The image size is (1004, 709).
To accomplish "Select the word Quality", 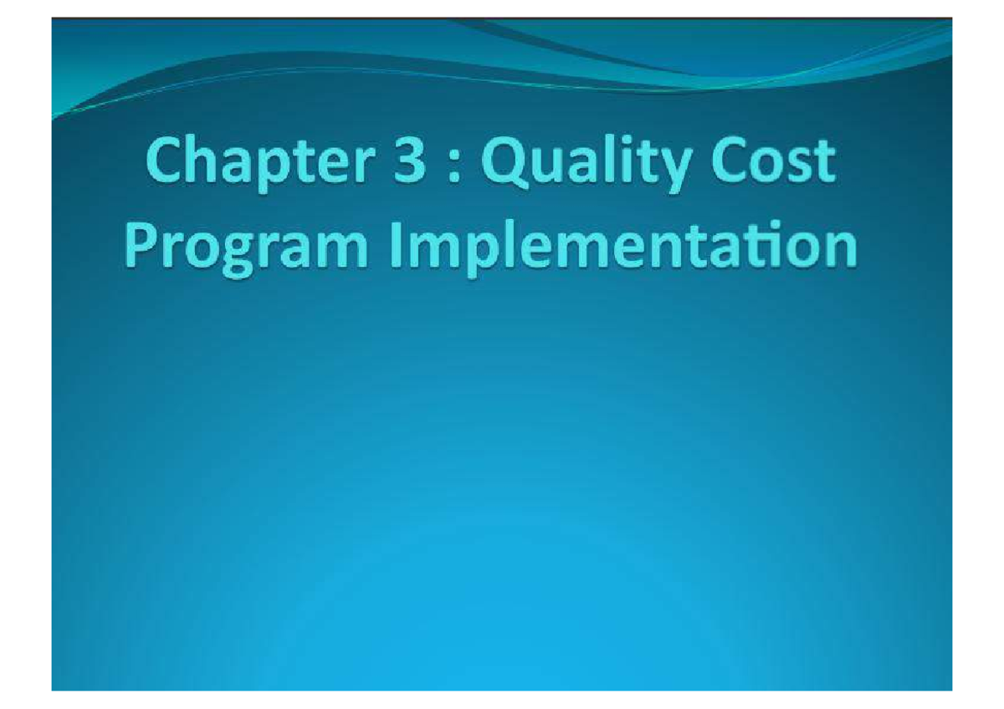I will (x=598, y=165).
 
